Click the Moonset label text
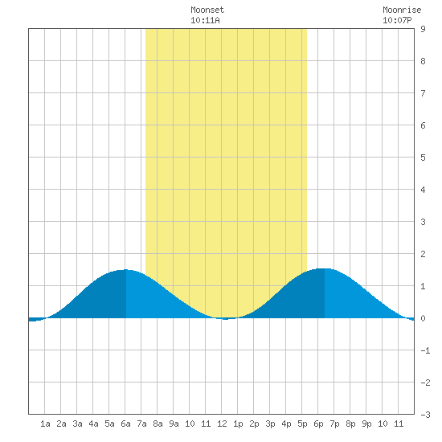click(x=207, y=10)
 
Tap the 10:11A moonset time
click(x=205, y=20)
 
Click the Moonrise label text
click(x=402, y=10)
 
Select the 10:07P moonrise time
click(x=397, y=20)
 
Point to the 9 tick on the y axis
click(x=423, y=29)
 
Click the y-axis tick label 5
click(x=423, y=158)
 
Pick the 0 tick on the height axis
click(x=423, y=318)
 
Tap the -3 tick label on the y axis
click(x=425, y=415)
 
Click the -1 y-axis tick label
click(x=425, y=350)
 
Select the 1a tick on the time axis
click(x=45, y=424)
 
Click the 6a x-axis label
click(x=125, y=424)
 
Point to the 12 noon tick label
click(x=222, y=424)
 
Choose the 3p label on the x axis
click(x=270, y=424)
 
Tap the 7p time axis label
click(x=334, y=424)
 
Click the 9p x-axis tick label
click(x=366, y=424)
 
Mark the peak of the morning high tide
click(x=125, y=269)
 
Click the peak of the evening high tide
click(x=325, y=268)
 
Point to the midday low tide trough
click(x=225, y=319)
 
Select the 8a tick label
click(x=158, y=424)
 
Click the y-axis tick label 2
click(x=423, y=254)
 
